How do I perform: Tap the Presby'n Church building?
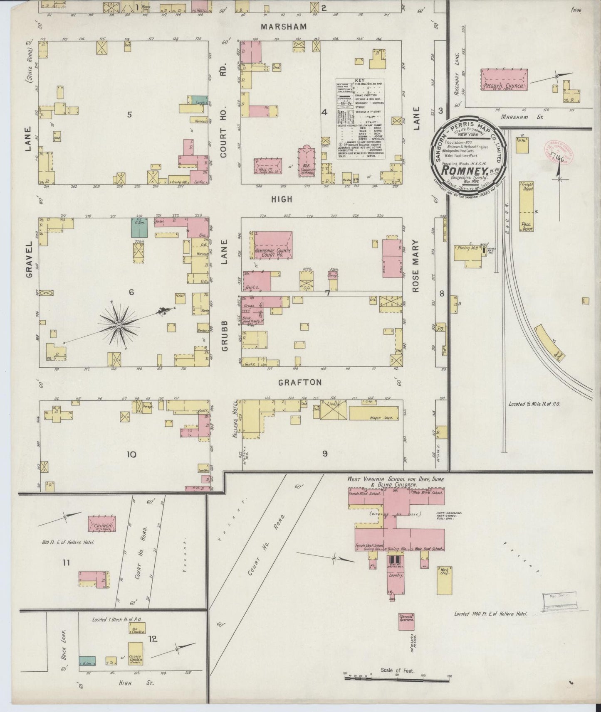point(504,80)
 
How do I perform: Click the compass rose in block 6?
point(120,324)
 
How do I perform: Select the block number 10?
point(131,454)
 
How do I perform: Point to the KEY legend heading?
point(360,80)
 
